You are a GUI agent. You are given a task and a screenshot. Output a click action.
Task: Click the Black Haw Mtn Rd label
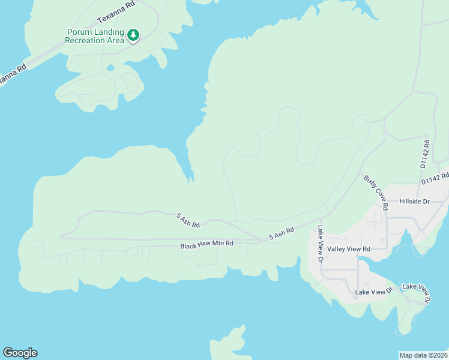(x=206, y=246)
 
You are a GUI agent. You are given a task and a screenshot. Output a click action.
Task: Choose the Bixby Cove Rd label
(x=376, y=192)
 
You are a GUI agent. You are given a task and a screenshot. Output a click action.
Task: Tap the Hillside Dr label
(x=414, y=202)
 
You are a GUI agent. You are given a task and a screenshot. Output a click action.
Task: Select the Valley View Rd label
(x=349, y=248)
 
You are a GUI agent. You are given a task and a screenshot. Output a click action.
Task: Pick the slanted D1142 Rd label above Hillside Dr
(x=435, y=178)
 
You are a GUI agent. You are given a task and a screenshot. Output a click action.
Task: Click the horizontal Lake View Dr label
(x=373, y=292)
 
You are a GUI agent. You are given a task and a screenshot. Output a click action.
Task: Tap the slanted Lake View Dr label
(x=417, y=292)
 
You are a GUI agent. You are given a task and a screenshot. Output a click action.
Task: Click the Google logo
(x=20, y=353)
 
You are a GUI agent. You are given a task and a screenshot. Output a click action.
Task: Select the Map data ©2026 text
(x=423, y=355)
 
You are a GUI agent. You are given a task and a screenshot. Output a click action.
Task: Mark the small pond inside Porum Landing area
(x=110, y=68)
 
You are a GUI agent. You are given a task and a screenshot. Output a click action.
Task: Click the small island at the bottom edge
(x=229, y=345)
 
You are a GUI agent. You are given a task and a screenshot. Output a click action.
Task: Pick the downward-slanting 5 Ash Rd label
(x=187, y=219)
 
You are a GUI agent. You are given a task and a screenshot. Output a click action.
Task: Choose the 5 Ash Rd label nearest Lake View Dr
(x=282, y=233)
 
